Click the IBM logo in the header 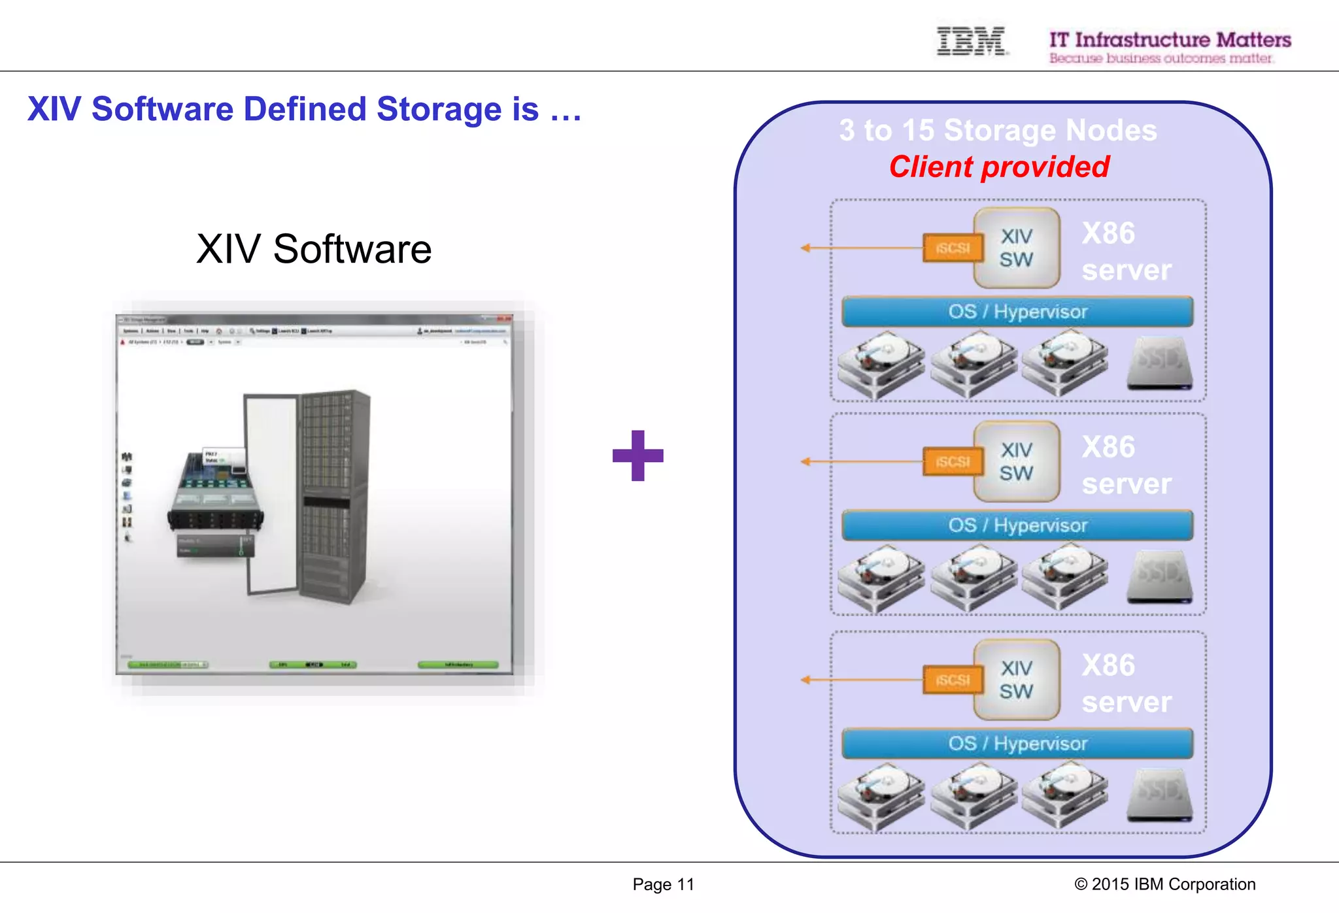coord(971,41)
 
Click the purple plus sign coord(637,456)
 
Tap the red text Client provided coord(999,167)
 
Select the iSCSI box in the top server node coord(953,248)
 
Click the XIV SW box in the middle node coord(1016,461)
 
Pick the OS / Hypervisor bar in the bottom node coord(1017,744)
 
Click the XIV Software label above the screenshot coord(314,249)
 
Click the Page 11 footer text coord(663,884)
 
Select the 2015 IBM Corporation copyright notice coord(1164,884)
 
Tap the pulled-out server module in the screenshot coord(216,497)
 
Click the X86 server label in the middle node coord(1126,465)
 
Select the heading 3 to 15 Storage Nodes coord(998,130)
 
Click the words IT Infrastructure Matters coord(1170,40)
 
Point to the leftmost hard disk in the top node coord(880,364)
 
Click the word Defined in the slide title coord(305,109)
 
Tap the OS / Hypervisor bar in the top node coord(1017,312)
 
